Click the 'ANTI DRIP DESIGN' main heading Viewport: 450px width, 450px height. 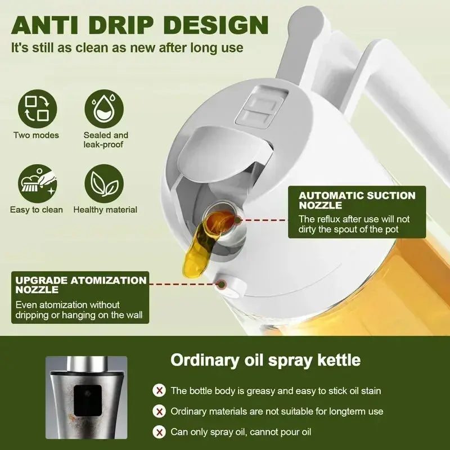click(139, 25)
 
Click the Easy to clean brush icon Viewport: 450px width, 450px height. click(37, 183)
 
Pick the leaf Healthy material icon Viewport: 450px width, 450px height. click(105, 183)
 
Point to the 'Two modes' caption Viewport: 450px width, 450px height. click(36, 135)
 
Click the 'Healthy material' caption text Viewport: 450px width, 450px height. click(105, 210)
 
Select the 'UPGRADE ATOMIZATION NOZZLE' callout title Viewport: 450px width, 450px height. click(80, 285)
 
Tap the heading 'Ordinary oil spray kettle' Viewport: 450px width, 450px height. click(265, 359)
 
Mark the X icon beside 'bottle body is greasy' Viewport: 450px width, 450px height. click(160, 390)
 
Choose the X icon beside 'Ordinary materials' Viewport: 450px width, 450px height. click(160, 411)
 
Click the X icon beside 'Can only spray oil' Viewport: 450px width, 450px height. click(160, 432)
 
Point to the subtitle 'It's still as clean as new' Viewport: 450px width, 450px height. click(127, 47)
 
